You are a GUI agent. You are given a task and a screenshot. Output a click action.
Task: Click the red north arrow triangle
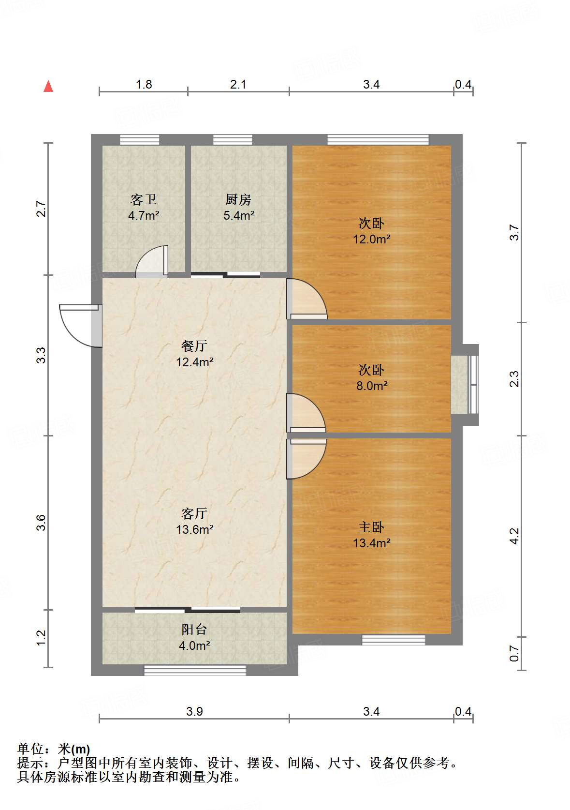(48, 87)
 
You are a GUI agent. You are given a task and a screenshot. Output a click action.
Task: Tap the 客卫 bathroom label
(144, 199)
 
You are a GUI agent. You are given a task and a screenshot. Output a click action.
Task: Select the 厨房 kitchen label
(238, 199)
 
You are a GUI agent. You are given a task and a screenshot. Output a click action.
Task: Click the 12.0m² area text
(371, 240)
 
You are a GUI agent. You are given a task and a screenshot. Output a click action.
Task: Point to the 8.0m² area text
(372, 386)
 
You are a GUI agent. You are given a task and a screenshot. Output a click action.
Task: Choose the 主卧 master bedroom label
(371, 527)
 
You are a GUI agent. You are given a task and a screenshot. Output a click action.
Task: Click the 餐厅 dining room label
(194, 346)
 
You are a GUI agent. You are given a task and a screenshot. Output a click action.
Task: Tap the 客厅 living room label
(194, 513)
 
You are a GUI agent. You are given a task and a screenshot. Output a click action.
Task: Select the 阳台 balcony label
(194, 630)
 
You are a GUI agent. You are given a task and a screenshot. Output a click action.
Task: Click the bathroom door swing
(152, 261)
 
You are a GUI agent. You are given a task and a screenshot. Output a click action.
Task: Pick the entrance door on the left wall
(80, 326)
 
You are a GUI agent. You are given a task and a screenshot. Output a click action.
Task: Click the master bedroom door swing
(307, 459)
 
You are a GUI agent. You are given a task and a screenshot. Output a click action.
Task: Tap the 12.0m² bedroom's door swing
(307, 299)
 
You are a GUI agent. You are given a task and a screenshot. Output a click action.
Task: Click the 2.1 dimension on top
(238, 85)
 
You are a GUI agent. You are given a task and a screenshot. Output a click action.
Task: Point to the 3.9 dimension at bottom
(194, 712)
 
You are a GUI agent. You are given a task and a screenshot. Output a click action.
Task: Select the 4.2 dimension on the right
(514, 536)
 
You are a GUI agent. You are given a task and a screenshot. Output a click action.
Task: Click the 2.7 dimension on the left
(41, 209)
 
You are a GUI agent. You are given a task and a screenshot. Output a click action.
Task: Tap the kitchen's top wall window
(233, 139)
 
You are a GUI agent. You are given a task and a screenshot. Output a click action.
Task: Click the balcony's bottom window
(195, 671)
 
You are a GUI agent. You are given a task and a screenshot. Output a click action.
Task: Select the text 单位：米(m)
(54, 749)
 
